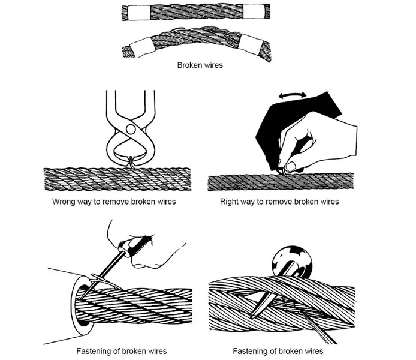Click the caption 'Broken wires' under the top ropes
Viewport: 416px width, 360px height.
(x=200, y=65)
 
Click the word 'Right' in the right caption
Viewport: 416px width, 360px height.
(x=232, y=202)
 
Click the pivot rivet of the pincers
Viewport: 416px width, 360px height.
(x=129, y=128)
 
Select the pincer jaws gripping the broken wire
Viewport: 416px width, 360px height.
(x=130, y=161)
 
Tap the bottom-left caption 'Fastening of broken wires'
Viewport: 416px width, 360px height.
(x=122, y=350)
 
